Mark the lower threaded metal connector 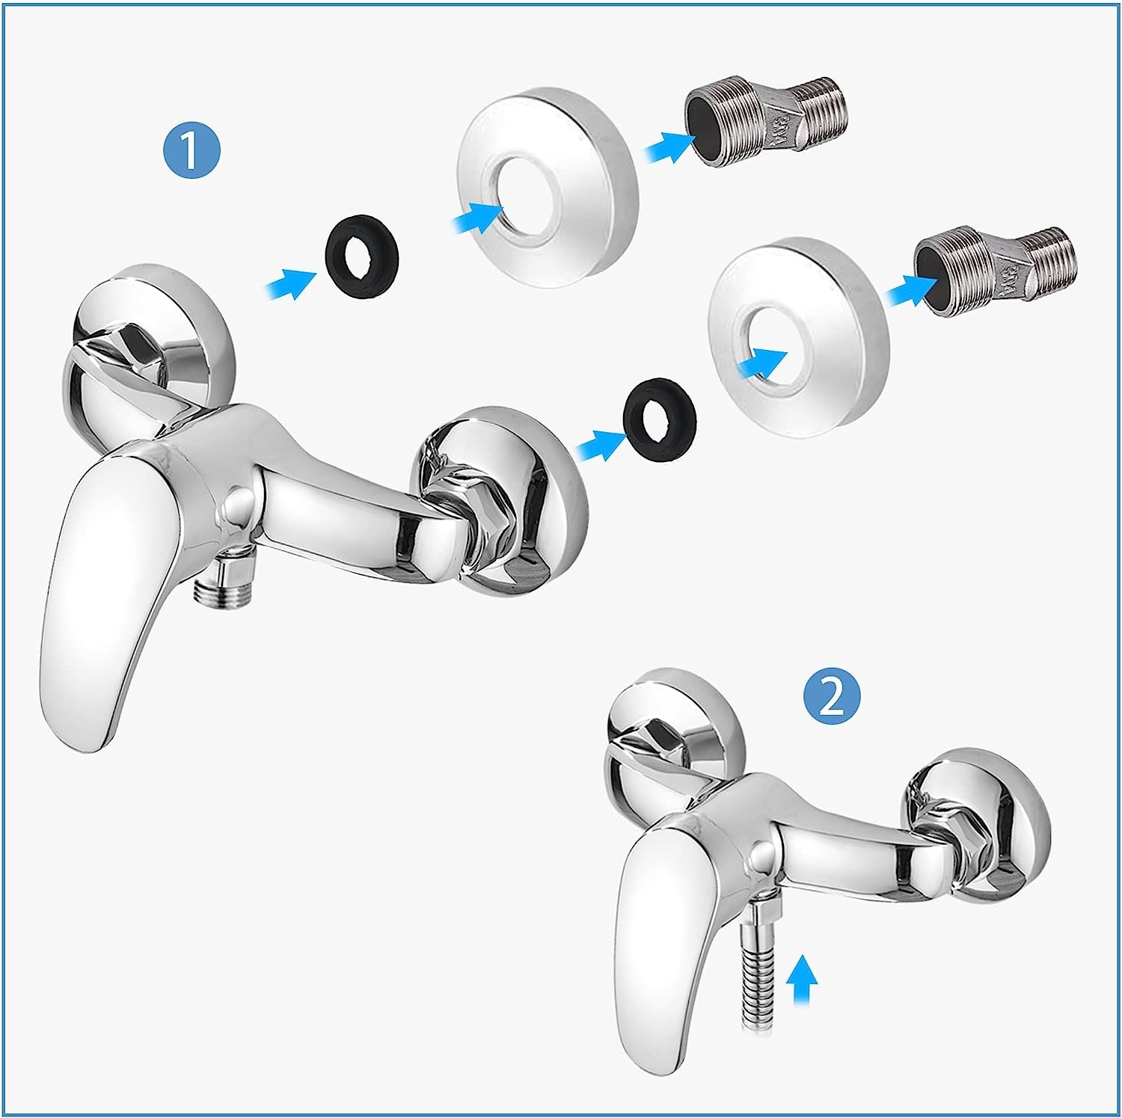click(998, 268)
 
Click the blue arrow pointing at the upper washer click(292, 281)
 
